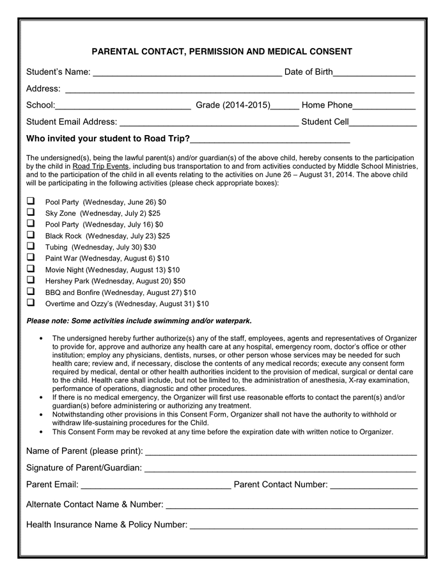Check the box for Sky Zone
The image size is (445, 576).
tap(30, 212)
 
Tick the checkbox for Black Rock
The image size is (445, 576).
tap(30, 235)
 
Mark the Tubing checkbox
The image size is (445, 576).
tap(30, 246)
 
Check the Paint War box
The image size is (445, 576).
tap(30, 257)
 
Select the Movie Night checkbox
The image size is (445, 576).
tap(30, 269)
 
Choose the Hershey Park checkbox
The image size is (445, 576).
tap(30, 280)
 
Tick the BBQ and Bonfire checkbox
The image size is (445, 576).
tap(30, 292)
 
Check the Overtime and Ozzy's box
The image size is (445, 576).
tap(30, 303)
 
